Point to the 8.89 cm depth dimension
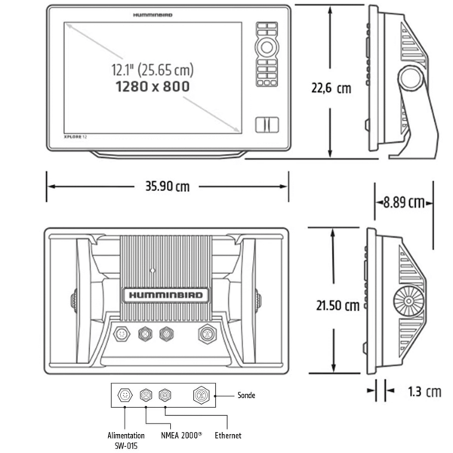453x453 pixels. coord(404,202)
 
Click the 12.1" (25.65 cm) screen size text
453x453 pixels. coord(149,70)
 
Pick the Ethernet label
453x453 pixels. coord(228,436)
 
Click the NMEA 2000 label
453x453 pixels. coord(180,436)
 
